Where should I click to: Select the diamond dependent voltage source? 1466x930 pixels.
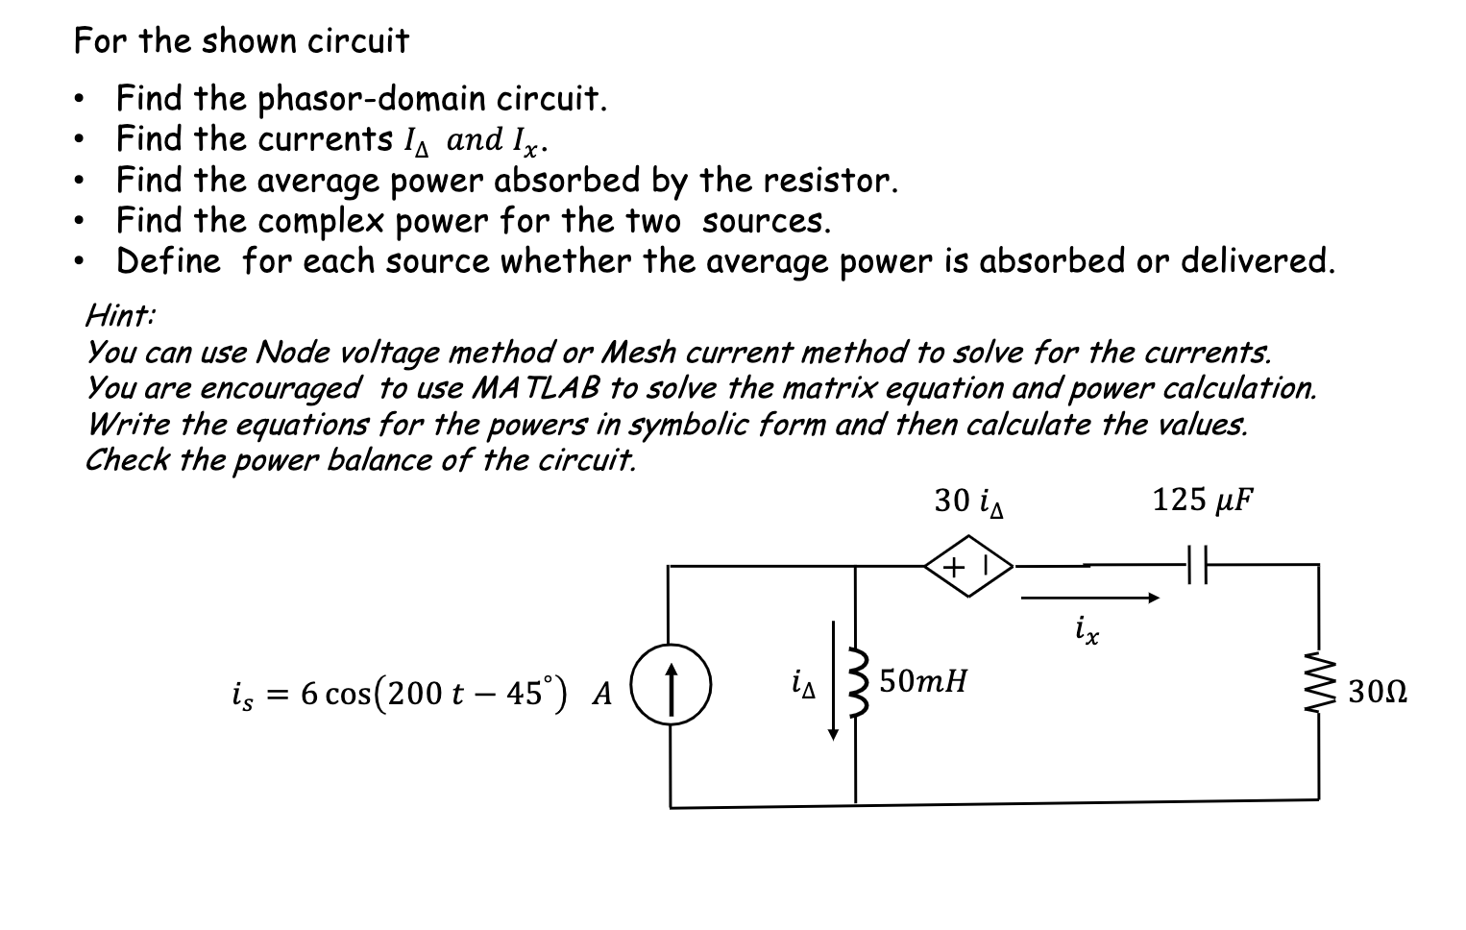[967, 568]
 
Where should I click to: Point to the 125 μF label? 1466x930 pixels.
[1203, 500]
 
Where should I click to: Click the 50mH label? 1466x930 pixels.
[923, 681]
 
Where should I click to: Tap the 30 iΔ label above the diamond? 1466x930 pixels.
[968, 502]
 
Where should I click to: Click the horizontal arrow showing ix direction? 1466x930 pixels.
[1090, 599]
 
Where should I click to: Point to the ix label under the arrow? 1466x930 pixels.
[1087, 631]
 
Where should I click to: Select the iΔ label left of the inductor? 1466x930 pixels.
[803, 684]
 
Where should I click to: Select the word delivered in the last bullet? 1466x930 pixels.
[1257, 260]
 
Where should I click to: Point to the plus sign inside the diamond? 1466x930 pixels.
[954, 567]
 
